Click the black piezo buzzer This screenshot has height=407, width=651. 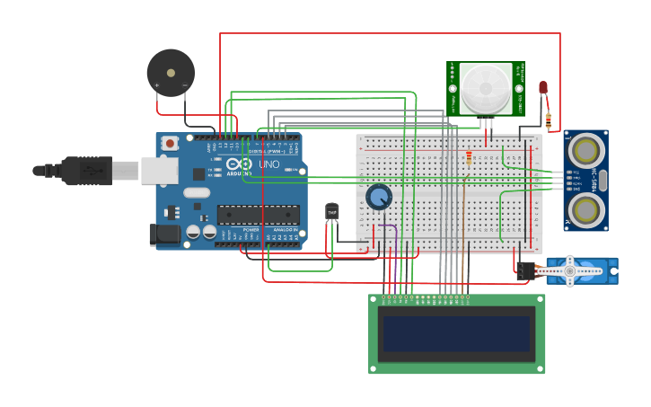[x=171, y=72]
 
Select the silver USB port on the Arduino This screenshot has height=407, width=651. [x=159, y=170]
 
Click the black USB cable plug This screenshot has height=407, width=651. [x=86, y=170]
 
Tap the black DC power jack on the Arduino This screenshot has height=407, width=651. [x=165, y=234]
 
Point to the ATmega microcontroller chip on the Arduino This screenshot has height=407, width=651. [x=259, y=215]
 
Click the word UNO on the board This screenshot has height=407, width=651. [x=269, y=165]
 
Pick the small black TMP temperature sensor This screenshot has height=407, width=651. [x=332, y=211]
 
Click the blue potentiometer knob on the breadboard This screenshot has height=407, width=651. [x=379, y=197]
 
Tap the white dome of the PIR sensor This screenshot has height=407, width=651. [x=486, y=88]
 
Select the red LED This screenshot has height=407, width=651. [x=543, y=87]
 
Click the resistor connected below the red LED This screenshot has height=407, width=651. [x=549, y=119]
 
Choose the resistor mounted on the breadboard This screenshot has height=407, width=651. [x=469, y=159]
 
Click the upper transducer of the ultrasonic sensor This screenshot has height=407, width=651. [x=585, y=149]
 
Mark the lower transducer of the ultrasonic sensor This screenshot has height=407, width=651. [x=585, y=210]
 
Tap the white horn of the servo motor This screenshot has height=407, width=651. [x=567, y=270]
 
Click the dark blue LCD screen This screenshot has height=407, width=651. [x=456, y=333]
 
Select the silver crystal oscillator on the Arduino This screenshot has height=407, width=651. [x=197, y=192]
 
